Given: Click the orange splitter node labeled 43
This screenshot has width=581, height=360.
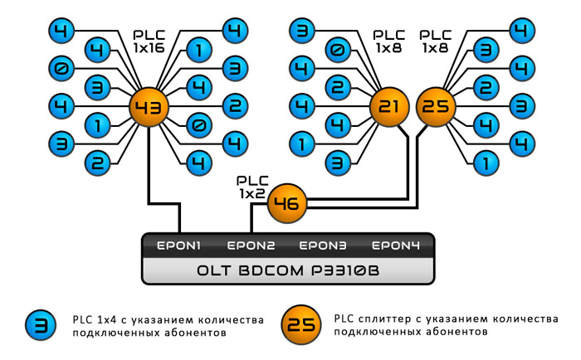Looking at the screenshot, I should click(x=149, y=107).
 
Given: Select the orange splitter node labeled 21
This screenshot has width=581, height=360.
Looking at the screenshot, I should click(x=390, y=107).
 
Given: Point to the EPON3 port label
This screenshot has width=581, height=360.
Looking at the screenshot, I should click(x=324, y=246).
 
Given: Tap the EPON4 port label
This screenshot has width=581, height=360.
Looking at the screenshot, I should click(x=395, y=246).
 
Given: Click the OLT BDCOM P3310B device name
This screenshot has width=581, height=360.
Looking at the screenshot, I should click(x=287, y=270).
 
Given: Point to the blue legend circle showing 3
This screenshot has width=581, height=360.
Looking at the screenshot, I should click(x=41, y=326).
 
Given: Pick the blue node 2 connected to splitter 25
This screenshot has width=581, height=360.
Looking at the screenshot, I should click(x=487, y=88).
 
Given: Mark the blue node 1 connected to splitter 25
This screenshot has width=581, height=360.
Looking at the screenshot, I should click(x=487, y=163).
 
